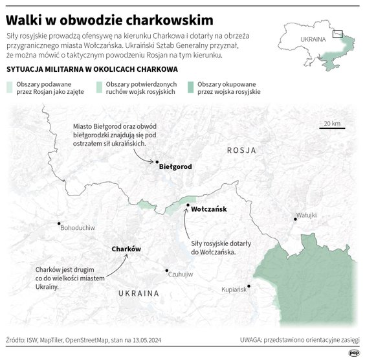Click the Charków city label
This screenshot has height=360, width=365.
pyautogui.click(x=126, y=249)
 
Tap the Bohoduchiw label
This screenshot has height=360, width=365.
pyautogui.click(x=77, y=229)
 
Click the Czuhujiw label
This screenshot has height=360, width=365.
pyautogui.click(x=181, y=275)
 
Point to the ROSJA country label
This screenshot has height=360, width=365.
pyautogui.click(x=241, y=150)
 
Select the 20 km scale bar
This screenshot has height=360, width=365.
pyautogui.click(x=332, y=128)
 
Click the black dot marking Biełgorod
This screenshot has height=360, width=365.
pyautogui.click(x=156, y=161)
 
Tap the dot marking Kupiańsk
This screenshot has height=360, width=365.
pyautogui.click(x=249, y=286)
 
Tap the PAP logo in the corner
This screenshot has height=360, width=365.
pyautogui.click(x=354, y=352)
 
